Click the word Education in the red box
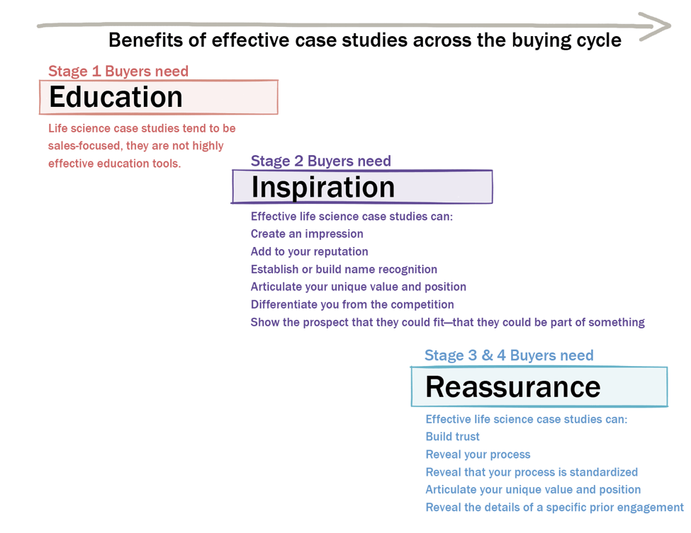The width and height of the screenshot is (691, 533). pyautogui.click(x=116, y=97)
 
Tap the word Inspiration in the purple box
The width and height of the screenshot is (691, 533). pyautogui.click(x=323, y=188)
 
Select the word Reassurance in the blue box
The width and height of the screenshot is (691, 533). pyautogui.click(x=513, y=387)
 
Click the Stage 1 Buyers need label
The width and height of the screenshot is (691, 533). pyautogui.click(x=118, y=71)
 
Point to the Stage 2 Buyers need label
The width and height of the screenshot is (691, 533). pyautogui.click(x=321, y=161)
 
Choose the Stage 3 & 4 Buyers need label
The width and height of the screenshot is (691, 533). pyautogui.click(x=509, y=355)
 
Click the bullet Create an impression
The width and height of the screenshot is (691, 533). pyautogui.click(x=307, y=234)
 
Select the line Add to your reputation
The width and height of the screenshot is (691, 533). pyautogui.click(x=310, y=251)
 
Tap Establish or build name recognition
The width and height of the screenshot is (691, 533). pyautogui.click(x=344, y=269)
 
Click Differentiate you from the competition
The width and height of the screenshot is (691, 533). pyautogui.click(x=352, y=304)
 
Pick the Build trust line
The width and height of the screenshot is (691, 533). pyautogui.click(x=453, y=436)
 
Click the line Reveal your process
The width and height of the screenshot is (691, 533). pyautogui.click(x=478, y=454)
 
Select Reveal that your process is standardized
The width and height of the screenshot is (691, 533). pyautogui.click(x=532, y=472)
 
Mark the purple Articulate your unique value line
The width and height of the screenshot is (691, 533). pyautogui.click(x=359, y=287)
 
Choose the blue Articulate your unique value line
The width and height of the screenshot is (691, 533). pyautogui.click(x=533, y=489)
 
